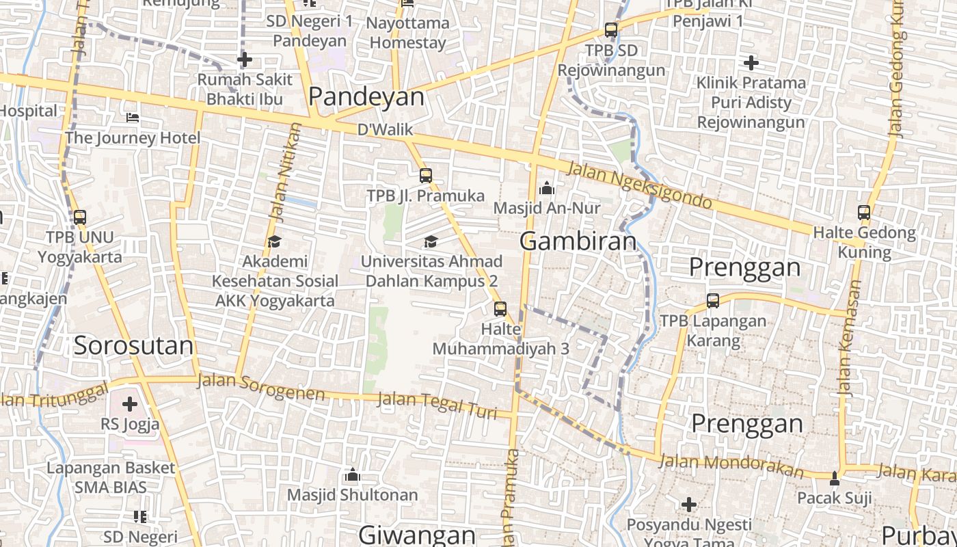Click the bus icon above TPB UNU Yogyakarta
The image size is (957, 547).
(x=80, y=217)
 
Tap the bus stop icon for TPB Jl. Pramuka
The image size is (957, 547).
(x=426, y=176)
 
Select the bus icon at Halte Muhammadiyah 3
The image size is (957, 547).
(x=500, y=308)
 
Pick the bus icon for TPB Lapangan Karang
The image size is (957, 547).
(x=713, y=300)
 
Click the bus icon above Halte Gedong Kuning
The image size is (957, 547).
(x=864, y=213)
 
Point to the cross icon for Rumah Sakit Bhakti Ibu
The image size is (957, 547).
(x=245, y=59)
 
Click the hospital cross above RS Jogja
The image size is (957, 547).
(x=130, y=403)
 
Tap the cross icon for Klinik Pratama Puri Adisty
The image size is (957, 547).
(x=751, y=63)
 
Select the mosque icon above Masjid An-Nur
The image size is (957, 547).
(x=547, y=187)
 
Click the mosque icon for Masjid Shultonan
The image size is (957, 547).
(x=353, y=474)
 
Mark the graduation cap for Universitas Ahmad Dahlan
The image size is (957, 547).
(x=431, y=241)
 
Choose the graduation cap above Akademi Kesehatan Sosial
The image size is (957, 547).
(x=274, y=241)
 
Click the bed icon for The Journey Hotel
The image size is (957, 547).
(x=133, y=118)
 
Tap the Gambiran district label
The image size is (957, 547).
(x=578, y=241)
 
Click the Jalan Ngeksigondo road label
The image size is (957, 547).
(x=640, y=185)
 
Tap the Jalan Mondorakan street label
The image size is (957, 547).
(x=731, y=466)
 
